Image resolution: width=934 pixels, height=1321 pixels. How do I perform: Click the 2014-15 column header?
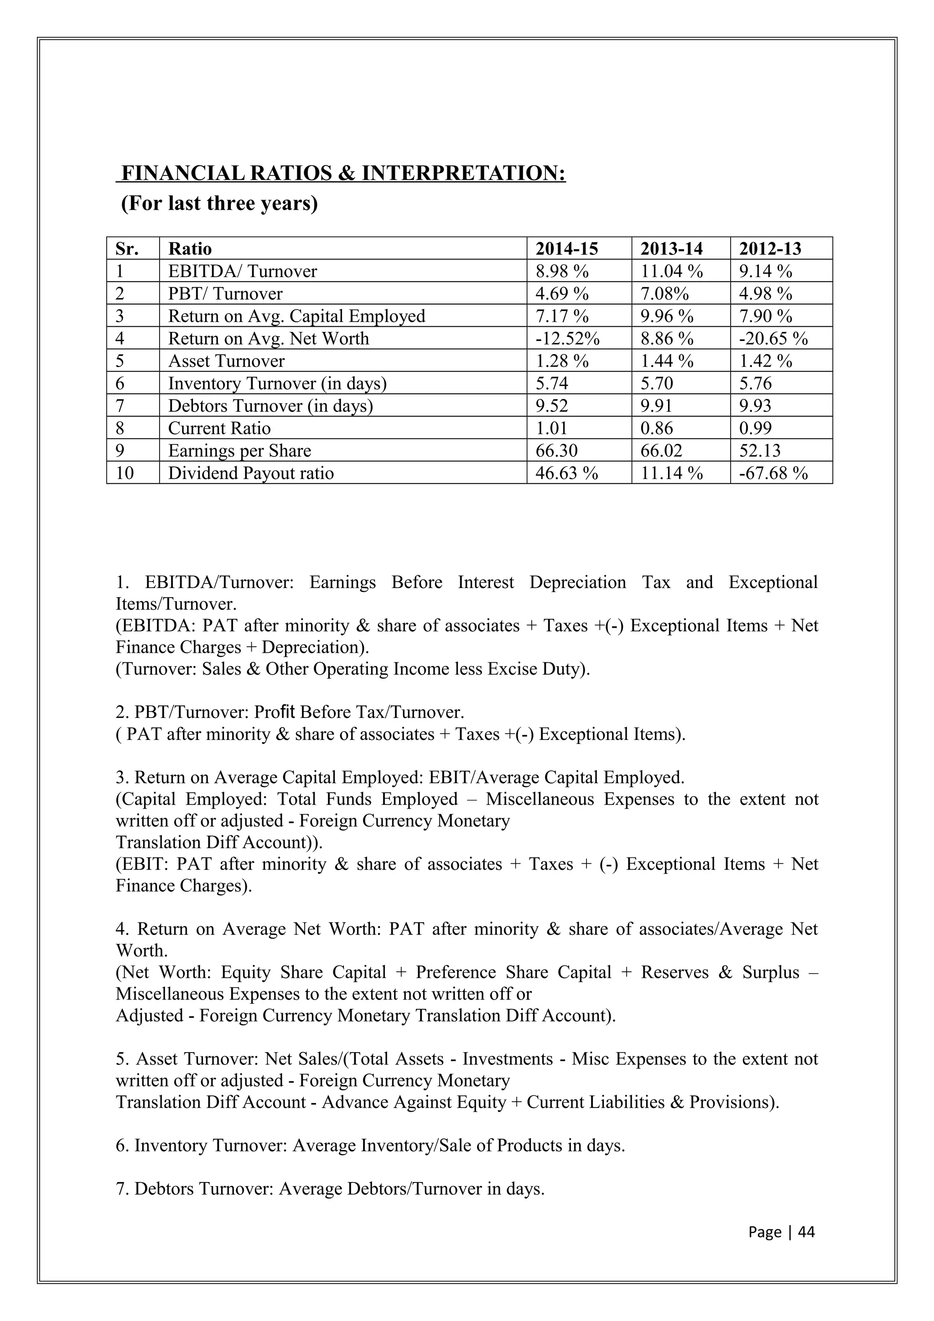pyautogui.click(x=566, y=248)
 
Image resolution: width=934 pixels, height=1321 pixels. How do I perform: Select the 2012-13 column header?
pyautogui.click(x=770, y=248)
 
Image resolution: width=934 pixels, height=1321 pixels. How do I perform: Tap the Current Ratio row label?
pyautogui.click(x=219, y=428)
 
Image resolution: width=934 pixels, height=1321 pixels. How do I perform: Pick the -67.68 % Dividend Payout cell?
pyautogui.click(x=773, y=473)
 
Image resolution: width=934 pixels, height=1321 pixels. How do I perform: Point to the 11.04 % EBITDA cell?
pyautogui.click(x=672, y=271)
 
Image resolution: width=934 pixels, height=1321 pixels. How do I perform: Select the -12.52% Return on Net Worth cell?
pyautogui.click(x=567, y=338)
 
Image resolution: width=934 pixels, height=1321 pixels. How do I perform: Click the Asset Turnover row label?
pyautogui.click(x=226, y=361)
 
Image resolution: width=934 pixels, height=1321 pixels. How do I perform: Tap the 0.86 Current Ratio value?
pyautogui.click(x=656, y=428)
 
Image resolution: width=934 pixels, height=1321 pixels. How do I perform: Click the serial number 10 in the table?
pyautogui.click(x=125, y=473)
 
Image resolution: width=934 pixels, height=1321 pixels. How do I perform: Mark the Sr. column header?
pyautogui.click(x=127, y=248)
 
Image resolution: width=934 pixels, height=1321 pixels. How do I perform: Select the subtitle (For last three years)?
pyautogui.click(x=219, y=204)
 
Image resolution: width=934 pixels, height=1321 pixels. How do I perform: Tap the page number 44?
pyautogui.click(x=807, y=1232)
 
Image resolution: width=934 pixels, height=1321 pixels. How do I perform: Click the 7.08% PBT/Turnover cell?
pyautogui.click(x=664, y=294)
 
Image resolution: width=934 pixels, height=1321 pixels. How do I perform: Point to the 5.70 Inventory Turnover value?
pyautogui.click(x=656, y=383)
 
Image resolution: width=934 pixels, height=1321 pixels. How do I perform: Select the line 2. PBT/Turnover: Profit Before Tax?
pyautogui.click(x=290, y=712)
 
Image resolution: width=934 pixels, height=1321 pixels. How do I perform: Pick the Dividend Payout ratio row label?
pyautogui.click(x=250, y=473)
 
